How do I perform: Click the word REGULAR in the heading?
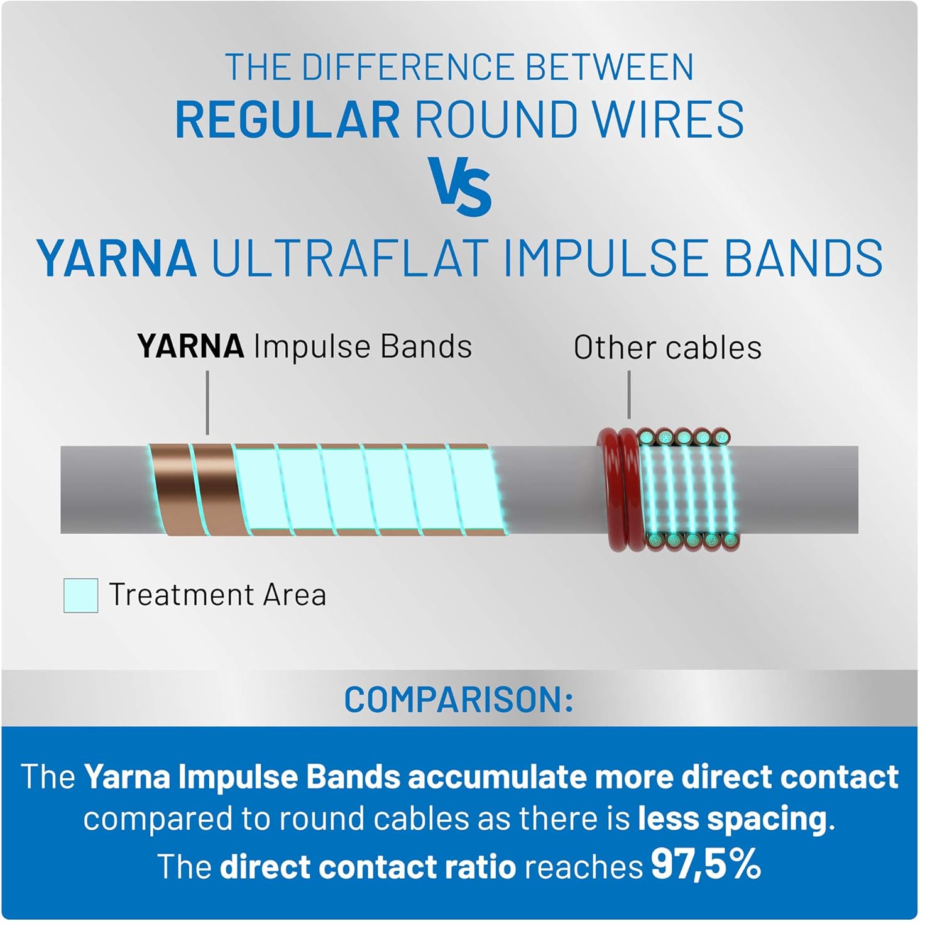coord(287,119)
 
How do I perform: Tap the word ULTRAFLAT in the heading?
coord(349,258)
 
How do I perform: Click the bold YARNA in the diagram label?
coord(190,346)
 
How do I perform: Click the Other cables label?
coord(667,347)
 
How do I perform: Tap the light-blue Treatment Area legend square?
coord(80,595)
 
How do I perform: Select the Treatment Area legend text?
coord(217,595)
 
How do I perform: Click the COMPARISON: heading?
coord(459,699)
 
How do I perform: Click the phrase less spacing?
coord(732,819)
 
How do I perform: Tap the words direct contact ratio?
coord(368,866)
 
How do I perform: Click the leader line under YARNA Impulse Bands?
coord(207,402)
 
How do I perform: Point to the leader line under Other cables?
coord(629,395)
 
